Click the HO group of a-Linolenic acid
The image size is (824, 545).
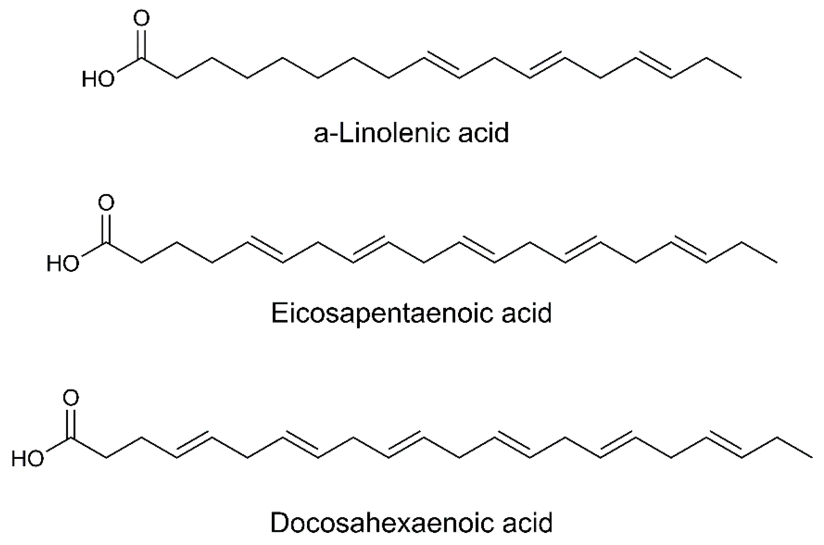pos(98,79)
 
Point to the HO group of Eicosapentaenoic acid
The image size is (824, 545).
pos(63,264)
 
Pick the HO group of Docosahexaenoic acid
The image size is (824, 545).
pos(28,458)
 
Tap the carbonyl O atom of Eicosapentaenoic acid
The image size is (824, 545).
pos(106,203)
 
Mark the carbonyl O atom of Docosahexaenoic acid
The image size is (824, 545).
pos(71,398)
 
